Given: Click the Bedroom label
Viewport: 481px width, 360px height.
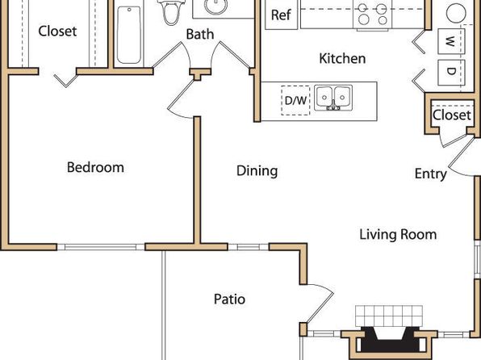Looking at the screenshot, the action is (x=95, y=168).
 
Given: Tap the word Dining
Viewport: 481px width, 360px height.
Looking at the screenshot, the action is (x=257, y=171).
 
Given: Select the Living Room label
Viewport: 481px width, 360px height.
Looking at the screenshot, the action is (x=398, y=234).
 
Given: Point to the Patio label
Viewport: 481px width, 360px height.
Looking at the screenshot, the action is (x=229, y=299).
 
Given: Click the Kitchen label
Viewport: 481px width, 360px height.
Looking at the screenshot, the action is (x=342, y=58).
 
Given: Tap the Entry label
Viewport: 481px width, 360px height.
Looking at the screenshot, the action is (x=431, y=174).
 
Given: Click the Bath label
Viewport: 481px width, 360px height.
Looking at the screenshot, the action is (x=199, y=34).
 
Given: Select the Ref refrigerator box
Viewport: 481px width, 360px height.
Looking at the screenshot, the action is (x=282, y=15).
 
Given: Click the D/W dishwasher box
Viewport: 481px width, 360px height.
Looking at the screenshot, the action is (x=295, y=100).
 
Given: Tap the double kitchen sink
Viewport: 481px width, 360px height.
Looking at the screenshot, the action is (x=333, y=98).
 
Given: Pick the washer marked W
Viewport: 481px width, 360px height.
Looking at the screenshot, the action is (x=451, y=41).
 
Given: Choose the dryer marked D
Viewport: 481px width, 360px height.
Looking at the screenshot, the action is (x=451, y=73).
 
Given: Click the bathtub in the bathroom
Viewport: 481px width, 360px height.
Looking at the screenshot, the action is (x=129, y=35).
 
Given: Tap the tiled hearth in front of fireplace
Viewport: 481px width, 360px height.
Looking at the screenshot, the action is (x=389, y=316).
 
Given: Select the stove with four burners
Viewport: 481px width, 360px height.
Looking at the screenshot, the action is (x=373, y=15).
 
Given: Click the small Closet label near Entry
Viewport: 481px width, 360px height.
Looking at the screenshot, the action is (x=452, y=115).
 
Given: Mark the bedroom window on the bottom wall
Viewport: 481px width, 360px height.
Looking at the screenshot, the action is (x=101, y=247).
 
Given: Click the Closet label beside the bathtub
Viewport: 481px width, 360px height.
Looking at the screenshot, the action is (x=57, y=31).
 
